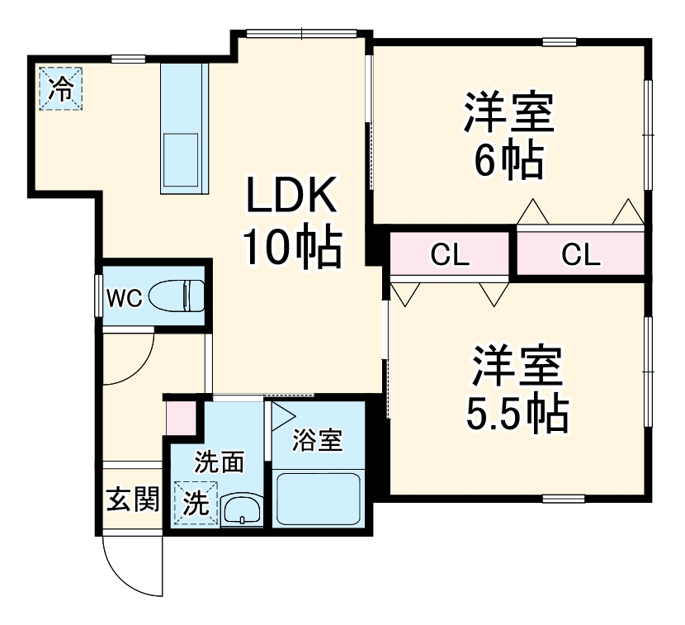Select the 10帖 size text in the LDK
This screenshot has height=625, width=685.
click(x=291, y=247)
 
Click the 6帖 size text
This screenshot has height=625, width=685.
click(x=508, y=160)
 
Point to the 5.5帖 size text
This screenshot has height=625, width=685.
click(x=517, y=412)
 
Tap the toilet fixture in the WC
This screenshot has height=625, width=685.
click(x=181, y=296)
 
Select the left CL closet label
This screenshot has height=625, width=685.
click(x=450, y=255)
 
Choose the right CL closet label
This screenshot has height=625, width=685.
click(x=581, y=255)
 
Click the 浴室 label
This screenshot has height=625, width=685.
click(x=318, y=440)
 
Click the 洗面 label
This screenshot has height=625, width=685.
click(x=219, y=462)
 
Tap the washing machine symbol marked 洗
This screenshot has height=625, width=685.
click(x=196, y=502)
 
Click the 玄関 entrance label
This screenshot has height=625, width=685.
click(x=132, y=500)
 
